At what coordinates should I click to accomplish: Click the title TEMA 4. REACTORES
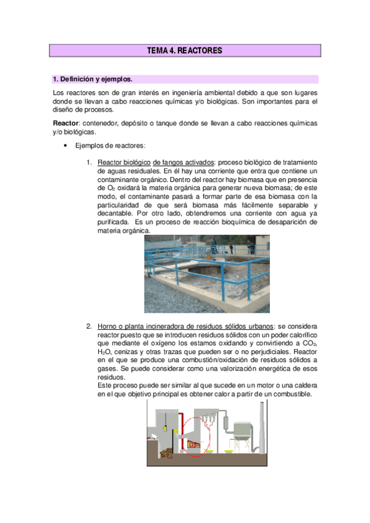point(184,51)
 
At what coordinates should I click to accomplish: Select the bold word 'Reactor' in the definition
point(65,123)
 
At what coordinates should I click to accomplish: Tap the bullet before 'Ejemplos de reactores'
point(65,146)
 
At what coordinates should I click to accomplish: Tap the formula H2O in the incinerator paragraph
point(106,351)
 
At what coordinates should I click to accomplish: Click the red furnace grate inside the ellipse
point(194,445)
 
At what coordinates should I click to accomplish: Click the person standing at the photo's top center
point(230,246)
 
